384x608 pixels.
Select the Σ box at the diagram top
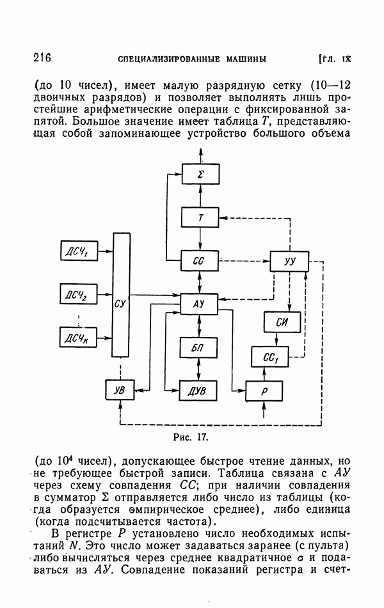click(x=201, y=174)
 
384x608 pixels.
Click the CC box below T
click(x=201, y=261)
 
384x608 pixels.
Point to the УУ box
click(x=289, y=261)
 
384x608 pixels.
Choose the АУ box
click(x=201, y=304)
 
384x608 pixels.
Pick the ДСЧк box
click(x=76, y=337)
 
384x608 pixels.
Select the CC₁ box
click(x=270, y=356)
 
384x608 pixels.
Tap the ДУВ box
click(x=200, y=389)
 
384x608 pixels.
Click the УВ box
click(x=120, y=389)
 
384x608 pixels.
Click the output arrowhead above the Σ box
click(x=201, y=152)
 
